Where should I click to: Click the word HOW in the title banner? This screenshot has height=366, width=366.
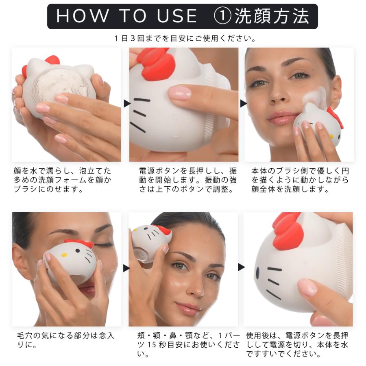click(x=82, y=16)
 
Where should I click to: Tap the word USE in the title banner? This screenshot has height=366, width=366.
click(x=177, y=16)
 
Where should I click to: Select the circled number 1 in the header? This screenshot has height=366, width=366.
click(x=222, y=16)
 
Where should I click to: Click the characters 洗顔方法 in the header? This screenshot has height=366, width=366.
click(x=272, y=16)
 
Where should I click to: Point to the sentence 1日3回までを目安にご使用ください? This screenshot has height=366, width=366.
click(x=185, y=38)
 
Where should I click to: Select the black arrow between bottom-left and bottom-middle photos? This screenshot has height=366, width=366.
click(x=126, y=268)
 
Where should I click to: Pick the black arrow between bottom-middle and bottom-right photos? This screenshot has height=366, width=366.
click(x=241, y=267)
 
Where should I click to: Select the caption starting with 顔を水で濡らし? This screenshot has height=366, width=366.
click(x=62, y=180)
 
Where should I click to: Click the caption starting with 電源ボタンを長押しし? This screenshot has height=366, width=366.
click(x=188, y=180)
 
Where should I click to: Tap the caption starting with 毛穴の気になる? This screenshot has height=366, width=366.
click(x=65, y=340)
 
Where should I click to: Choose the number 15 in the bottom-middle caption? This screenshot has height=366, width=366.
click(x=152, y=344)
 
